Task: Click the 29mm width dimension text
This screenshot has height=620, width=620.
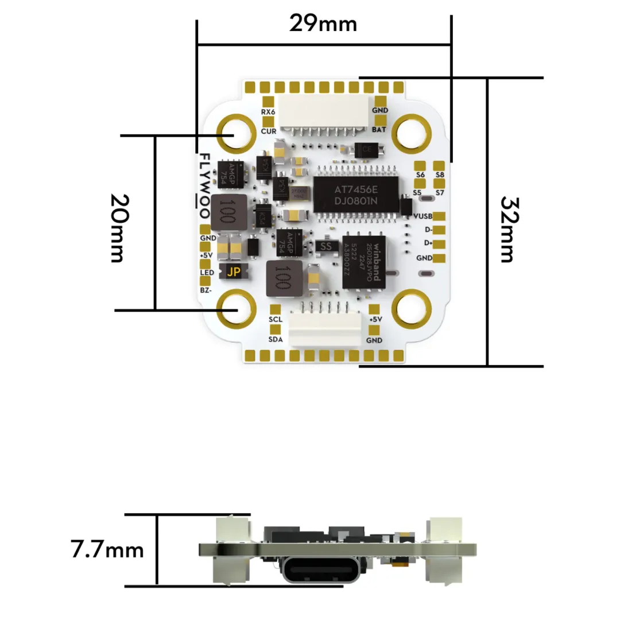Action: [x=323, y=24]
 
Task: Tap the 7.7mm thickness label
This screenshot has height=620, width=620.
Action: [x=107, y=550]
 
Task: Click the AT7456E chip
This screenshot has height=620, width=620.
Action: [x=356, y=195]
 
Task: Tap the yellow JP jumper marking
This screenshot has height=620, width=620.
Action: [x=233, y=273]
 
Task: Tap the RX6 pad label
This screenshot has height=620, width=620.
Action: [x=268, y=112]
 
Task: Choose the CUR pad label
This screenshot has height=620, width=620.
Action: [x=268, y=131]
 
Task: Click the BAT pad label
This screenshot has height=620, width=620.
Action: [x=379, y=130]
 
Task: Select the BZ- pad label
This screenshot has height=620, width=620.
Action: [x=206, y=291]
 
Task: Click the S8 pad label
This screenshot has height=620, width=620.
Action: [x=440, y=175]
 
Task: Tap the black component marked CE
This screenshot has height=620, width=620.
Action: [x=366, y=150]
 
